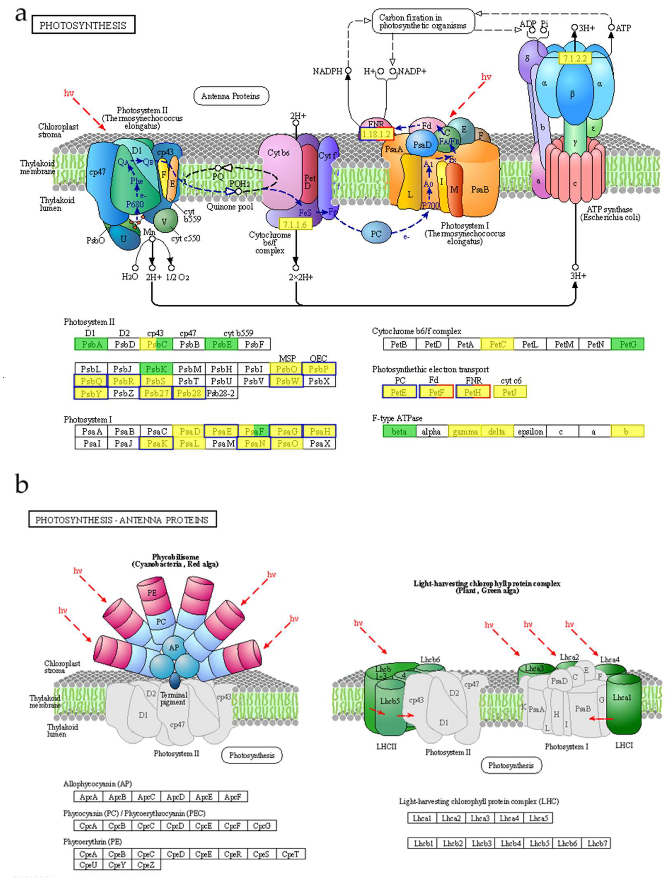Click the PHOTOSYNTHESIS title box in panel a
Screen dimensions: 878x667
(x=83, y=25)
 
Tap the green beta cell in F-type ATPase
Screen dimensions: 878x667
(x=399, y=431)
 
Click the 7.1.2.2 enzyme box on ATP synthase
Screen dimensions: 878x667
(x=575, y=59)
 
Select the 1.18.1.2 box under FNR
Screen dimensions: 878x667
(x=376, y=134)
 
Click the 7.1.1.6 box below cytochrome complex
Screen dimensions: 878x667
(x=295, y=224)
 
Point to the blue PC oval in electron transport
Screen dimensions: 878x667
(x=376, y=234)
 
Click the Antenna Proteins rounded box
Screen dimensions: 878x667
(x=231, y=96)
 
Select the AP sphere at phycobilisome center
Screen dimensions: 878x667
(x=174, y=648)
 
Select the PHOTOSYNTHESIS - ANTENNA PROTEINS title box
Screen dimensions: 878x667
(x=122, y=520)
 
